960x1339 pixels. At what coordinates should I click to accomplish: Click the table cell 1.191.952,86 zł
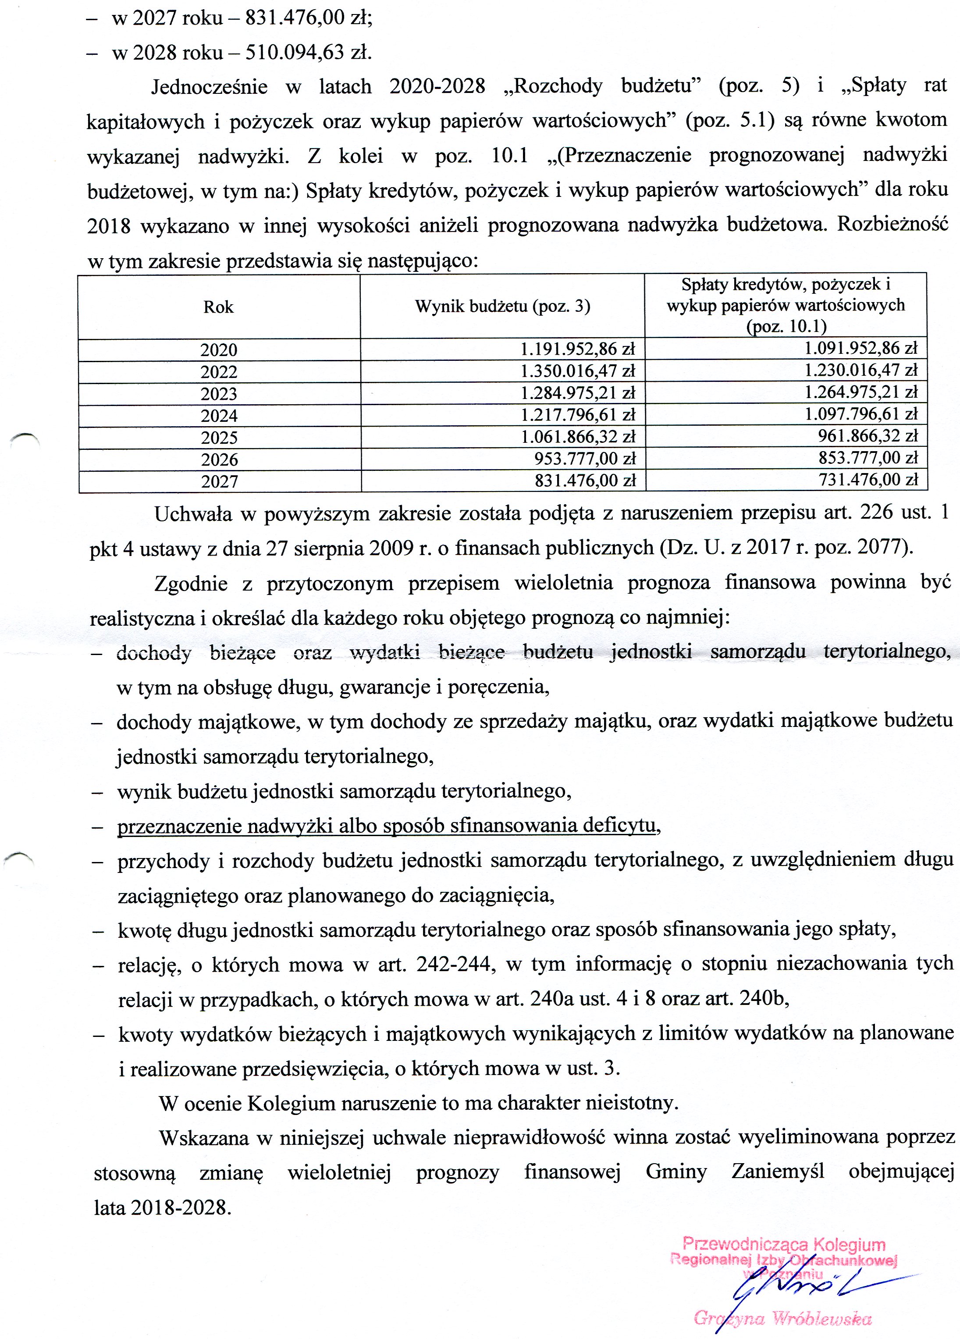tap(577, 349)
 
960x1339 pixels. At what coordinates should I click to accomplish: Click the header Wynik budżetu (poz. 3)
tap(502, 306)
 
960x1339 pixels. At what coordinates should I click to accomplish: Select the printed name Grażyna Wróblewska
tap(782, 1318)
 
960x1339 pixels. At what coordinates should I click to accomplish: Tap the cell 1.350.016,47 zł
tap(577, 371)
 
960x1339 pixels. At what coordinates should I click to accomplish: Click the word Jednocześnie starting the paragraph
tap(210, 87)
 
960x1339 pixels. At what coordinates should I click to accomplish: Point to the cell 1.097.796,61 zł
tap(861, 414)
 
